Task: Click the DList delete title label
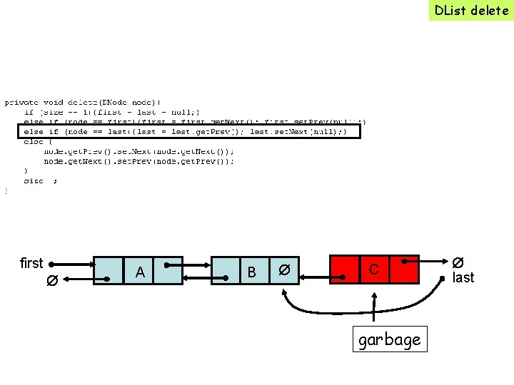pyautogui.click(x=471, y=10)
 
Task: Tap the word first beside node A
pyautogui.click(x=31, y=263)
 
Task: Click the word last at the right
pyautogui.click(x=463, y=277)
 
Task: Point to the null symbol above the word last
pyautogui.click(x=459, y=262)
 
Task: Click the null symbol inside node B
pyautogui.click(x=283, y=270)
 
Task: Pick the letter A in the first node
pyautogui.click(x=140, y=272)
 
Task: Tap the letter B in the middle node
pyautogui.click(x=251, y=272)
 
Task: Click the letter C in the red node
pyautogui.click(x=373, y=269)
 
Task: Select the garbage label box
pyautogui.click(x=389, y=339)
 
